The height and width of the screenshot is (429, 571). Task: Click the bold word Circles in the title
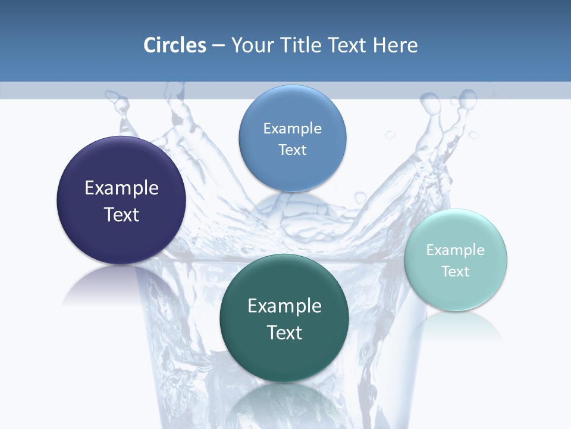[x=175, y=45]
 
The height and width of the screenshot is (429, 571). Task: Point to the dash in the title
[x=218, y=46]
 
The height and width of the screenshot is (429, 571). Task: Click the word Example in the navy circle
[x=121, y=188]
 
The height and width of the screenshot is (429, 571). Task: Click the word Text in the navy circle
[x=121, y=214]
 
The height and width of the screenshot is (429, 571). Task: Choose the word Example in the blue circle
[x=292, y=129]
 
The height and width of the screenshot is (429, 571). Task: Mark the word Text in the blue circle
[x=292, y=150]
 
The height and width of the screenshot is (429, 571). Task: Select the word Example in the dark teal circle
[x=284, y=306]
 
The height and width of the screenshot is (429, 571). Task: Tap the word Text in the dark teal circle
[x=284, y=332]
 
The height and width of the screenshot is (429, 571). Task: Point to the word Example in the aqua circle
[x=456, y=250]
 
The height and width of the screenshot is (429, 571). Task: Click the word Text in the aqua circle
[x=456, y=272]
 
